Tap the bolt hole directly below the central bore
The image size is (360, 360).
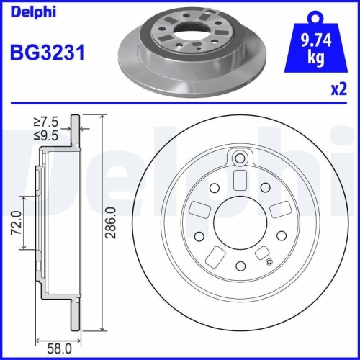click(241, 265)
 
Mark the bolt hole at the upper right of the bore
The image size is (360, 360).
click(266, 187)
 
